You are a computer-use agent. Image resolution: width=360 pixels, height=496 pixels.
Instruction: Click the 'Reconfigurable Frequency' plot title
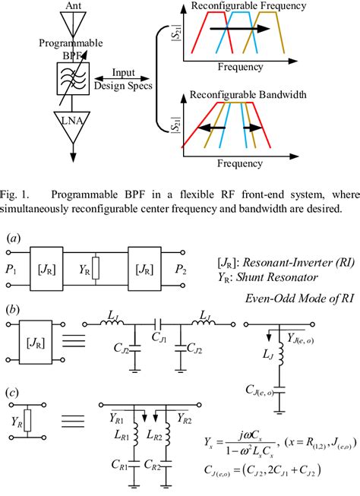coord(261,7)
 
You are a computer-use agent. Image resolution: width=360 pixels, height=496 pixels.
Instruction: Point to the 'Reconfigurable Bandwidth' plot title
coord(261,96)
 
